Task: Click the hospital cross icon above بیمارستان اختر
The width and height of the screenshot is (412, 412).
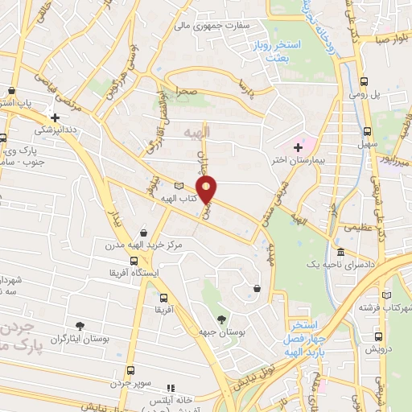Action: click(x=298, y=146)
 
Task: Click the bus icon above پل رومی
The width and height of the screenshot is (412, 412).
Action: click(x=365, y=82)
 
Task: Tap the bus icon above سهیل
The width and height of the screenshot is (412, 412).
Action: click(x=367, y=130)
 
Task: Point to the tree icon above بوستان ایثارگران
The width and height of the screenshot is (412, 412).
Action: click(x=80, y=326)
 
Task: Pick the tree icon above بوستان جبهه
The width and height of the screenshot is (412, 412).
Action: click(x=221, y=319)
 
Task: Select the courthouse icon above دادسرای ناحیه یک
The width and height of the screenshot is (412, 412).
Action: click(x=340, y=253)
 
